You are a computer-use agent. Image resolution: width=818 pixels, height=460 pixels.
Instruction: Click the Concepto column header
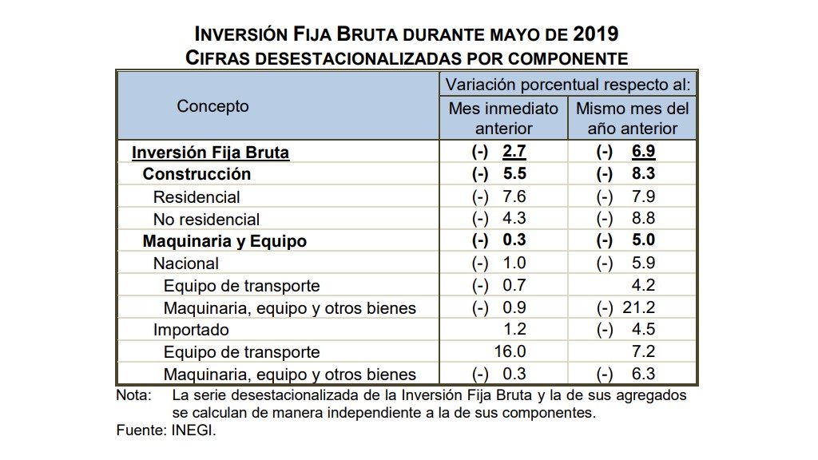coord(212,106)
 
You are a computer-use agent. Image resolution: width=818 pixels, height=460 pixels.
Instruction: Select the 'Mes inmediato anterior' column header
coord(503,118)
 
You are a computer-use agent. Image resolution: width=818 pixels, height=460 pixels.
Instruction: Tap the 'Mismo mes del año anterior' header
coord(632,118)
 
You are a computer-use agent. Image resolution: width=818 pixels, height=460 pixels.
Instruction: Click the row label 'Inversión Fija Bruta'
coord(210,152)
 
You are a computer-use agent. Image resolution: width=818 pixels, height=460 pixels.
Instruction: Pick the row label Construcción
coord(197,174)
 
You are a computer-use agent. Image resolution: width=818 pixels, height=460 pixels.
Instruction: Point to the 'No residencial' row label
coord(206,219)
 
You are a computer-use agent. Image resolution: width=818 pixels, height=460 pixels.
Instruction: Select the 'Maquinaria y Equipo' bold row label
coord(224,241)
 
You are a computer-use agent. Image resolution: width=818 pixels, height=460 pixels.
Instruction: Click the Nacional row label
coord(185,264)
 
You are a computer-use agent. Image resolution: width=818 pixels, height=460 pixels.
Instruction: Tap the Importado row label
coord(191,330)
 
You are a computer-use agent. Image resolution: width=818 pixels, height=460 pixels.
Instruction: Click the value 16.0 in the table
coord(510,352)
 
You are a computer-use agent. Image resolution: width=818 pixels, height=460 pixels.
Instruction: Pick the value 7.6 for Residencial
coord(514,196)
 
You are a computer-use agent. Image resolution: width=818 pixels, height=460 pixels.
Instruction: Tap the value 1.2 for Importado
coord(515,330)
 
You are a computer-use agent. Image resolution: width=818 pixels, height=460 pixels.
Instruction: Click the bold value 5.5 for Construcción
coord(514,174)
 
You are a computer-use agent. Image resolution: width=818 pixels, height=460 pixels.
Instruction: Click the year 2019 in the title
coord(595,34)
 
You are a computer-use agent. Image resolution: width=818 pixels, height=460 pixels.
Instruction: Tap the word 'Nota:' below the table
coord(133,395)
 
